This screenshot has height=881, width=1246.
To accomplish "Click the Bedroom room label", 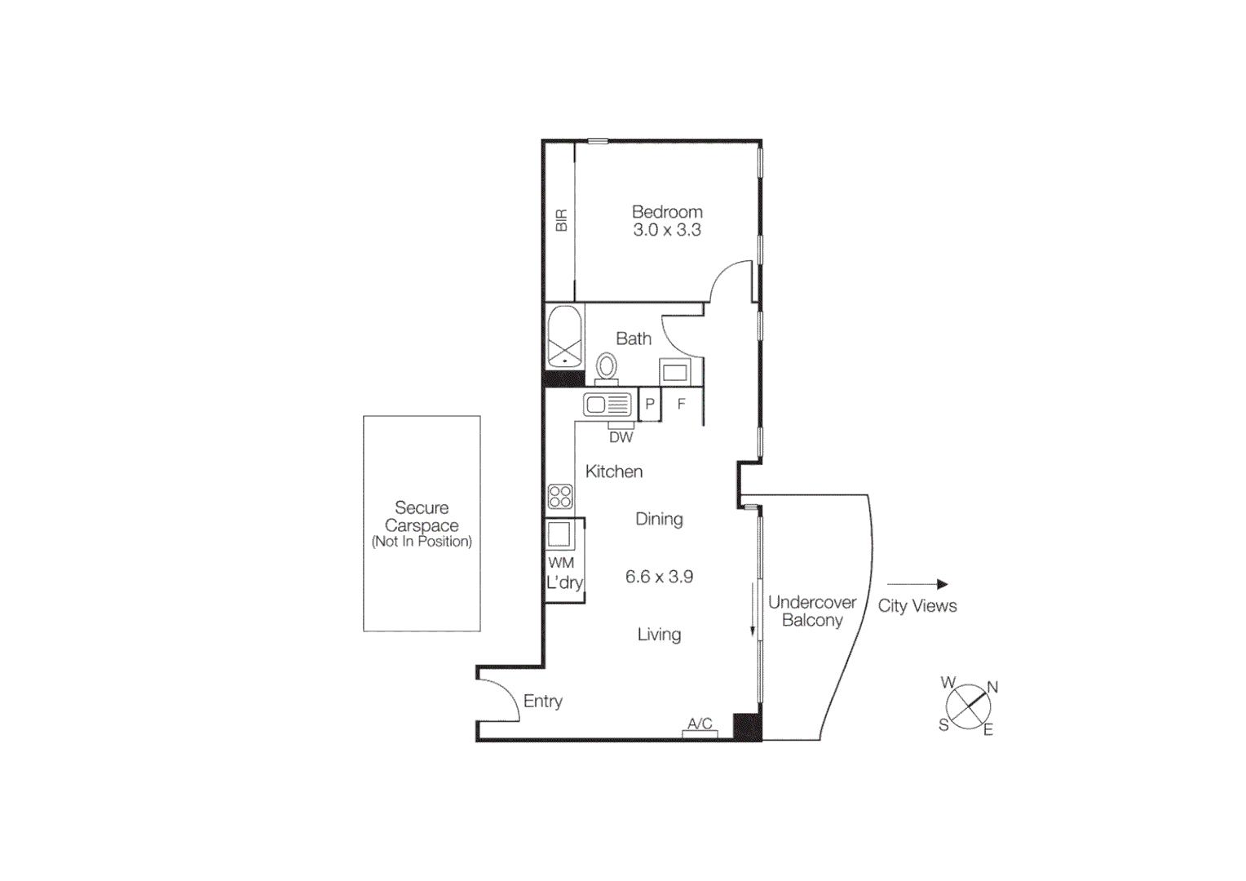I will pyautogui.click(x=667, y=212).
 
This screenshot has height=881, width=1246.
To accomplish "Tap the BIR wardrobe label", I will pyautogui.click(x=561, y=220).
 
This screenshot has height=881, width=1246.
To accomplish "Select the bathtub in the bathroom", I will pyautogui.click(x=564, y=338).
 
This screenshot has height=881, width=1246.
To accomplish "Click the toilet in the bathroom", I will pyautogui.click(x=606, y=368).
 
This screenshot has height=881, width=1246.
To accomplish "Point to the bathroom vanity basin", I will pyautogui.click(x=674, y=373).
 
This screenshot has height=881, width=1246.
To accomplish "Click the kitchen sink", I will pyautogui.click(x=608, y=404).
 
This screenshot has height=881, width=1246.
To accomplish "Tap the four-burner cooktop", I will pyautogui.click(x=560, y=496).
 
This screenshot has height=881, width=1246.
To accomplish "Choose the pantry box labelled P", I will pyautogui.click(x=650, y=405).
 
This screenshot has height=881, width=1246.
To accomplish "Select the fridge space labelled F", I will pyautogui.click(x=682, y=405).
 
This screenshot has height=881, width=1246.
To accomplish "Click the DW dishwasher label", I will pyautogui.click(x=621, y=437).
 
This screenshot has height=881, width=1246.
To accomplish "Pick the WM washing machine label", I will pyautogui.click(x=561, y=563).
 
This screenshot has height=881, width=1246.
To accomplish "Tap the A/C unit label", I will pyautogui.click(x=700, y=724).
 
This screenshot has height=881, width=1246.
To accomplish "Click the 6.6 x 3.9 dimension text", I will pyautogui.click(x=659, y=577).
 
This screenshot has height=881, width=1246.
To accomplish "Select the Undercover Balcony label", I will pyautogui.click(x=811, y=611).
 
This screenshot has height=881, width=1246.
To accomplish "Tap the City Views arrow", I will pyautogui.click(x=917, y=584).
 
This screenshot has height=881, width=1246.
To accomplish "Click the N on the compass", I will pyautogui.click(x=992, y=687).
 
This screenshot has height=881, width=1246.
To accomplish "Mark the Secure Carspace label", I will pyautogui.click(x=422, y=517).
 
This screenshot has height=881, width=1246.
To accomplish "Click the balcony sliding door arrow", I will pyautogui.click(x=753, y=609).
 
